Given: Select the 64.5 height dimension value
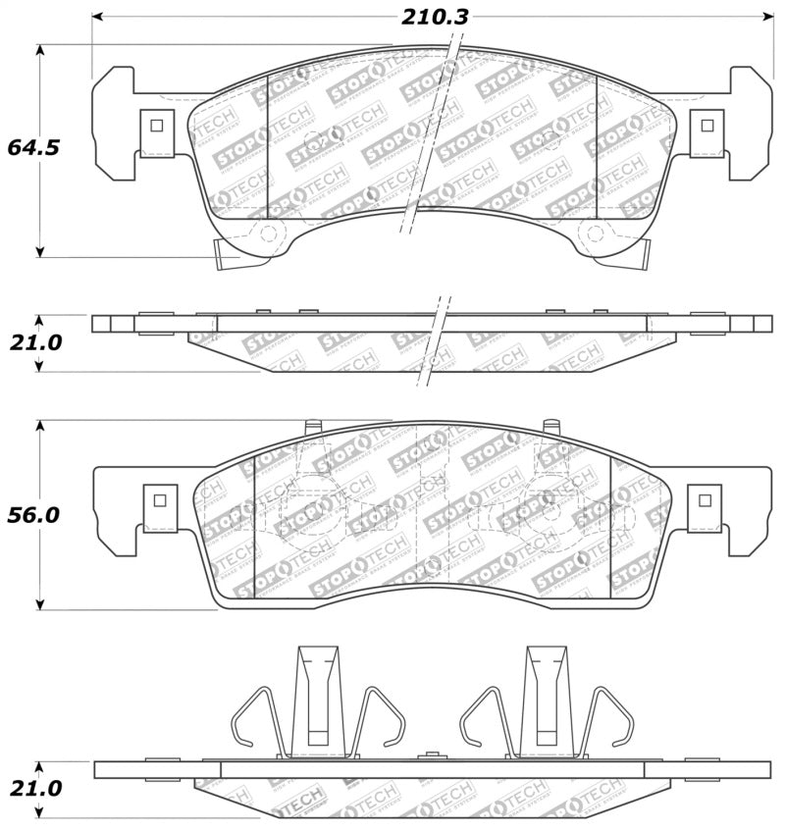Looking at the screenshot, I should (33, 148).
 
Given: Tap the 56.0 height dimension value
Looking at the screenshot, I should (33, 515).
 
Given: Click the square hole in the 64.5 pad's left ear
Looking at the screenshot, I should (154, 125).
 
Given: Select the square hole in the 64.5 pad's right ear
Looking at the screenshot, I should (706, 125).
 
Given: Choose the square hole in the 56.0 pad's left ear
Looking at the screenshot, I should (157, 499).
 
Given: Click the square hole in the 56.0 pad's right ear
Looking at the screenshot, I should (704, 499).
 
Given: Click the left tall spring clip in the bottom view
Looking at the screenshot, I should (316, 699).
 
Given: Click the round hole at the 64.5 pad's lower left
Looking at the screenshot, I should (266, 233).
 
